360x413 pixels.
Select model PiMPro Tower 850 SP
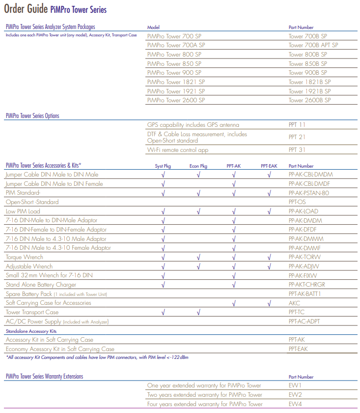click(174, 63)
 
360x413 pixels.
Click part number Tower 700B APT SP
click(313, 45)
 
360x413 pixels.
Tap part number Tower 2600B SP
click(309, 100)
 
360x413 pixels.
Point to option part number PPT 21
click(297, 137)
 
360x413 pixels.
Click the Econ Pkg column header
click(198, 166)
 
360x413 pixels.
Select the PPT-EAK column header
click(269, 166)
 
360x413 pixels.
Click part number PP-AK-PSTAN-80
click(309, 193)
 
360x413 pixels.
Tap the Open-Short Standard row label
click(32, 202)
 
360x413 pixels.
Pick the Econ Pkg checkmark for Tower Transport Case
click(198, 312)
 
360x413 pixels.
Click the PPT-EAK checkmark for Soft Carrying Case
click(269, 303)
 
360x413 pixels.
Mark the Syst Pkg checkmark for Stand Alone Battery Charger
click(163, 285)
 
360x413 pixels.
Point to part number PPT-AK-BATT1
click(305, 294)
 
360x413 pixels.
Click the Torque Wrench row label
click(24, 257)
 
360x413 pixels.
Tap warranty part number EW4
click(295, 404)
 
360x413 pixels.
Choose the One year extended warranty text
click(204, 385)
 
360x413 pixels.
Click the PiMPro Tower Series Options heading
click(32, 116)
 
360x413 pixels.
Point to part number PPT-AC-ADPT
click(305, 322)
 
